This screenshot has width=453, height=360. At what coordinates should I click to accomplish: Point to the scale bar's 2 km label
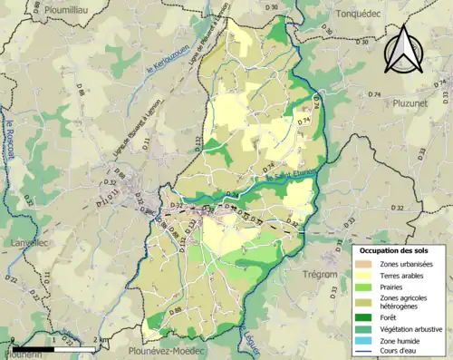pos(96,340)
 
